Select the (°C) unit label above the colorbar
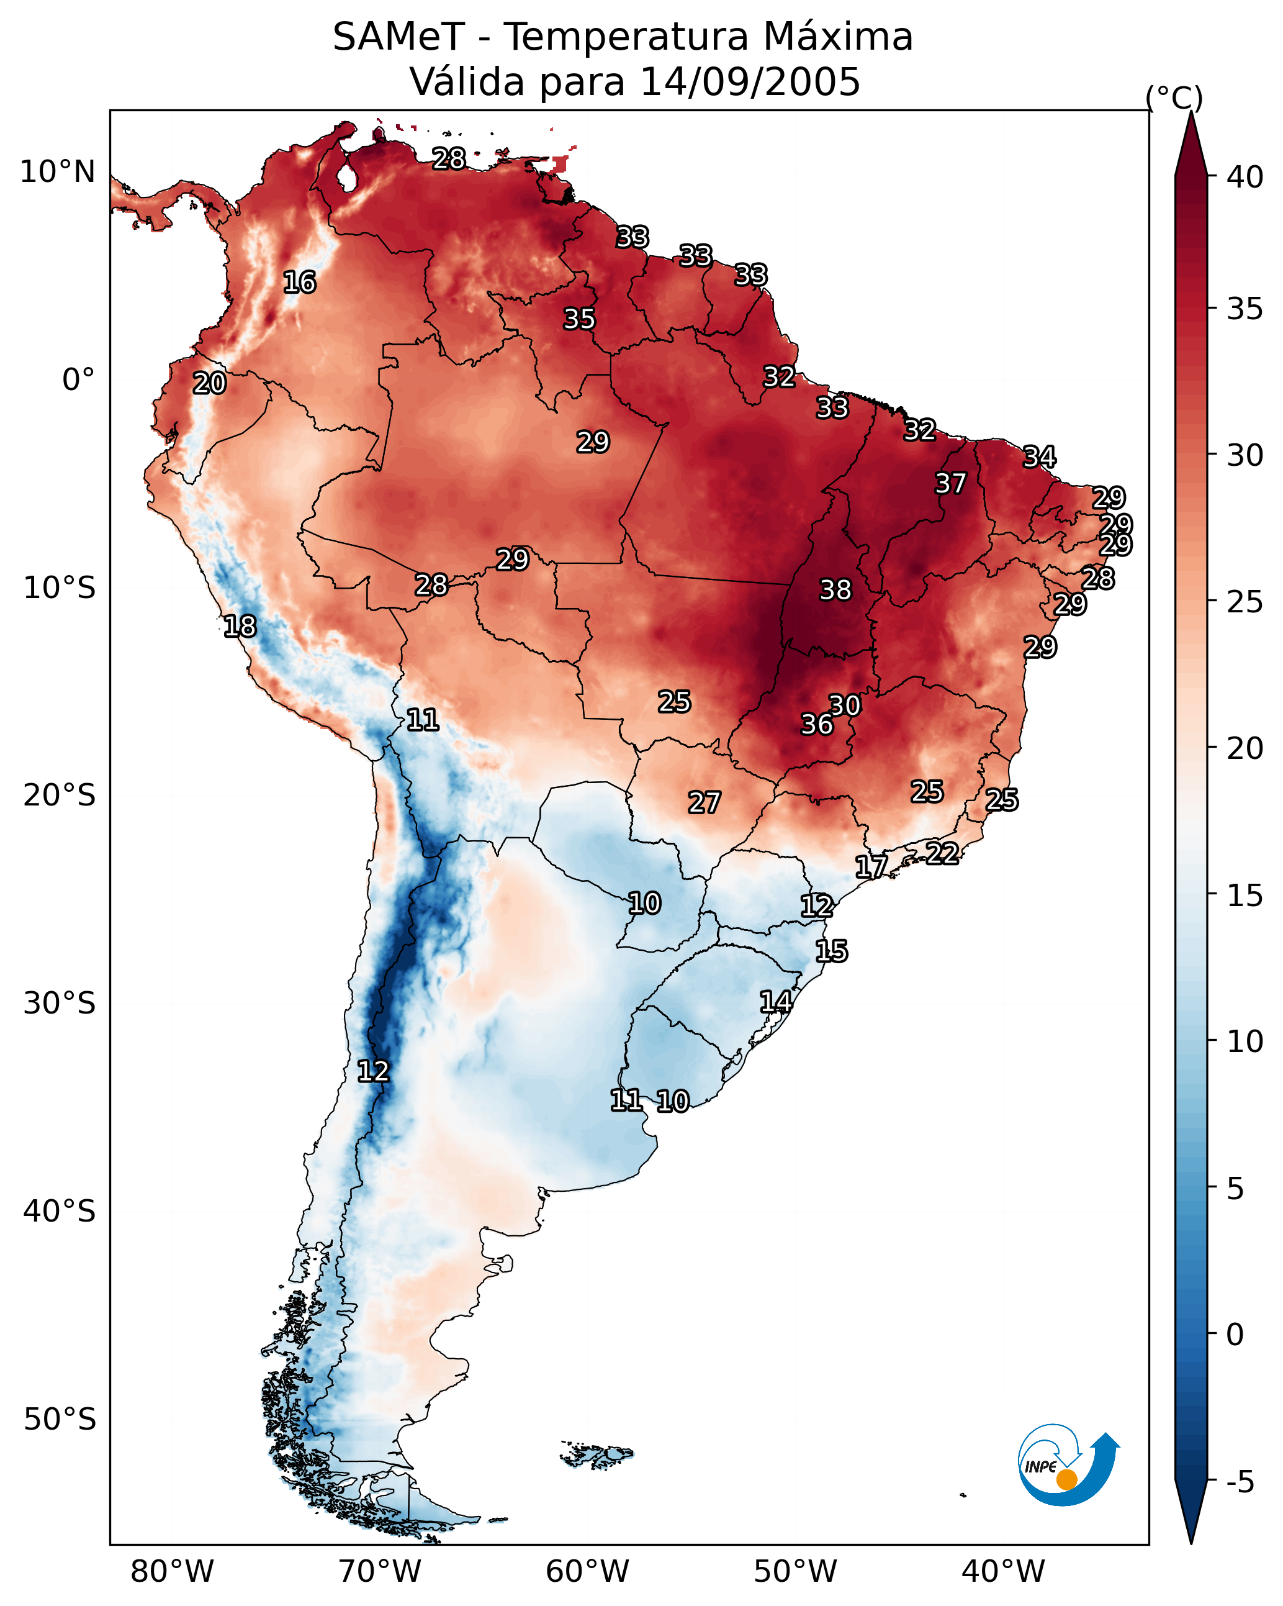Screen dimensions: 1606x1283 (1174, 98)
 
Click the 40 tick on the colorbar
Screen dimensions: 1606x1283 (1245, 177)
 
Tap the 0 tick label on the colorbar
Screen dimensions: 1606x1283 (1235, 1335)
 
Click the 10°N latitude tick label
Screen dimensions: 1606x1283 (57, 172)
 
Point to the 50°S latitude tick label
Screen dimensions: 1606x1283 (60, 1420)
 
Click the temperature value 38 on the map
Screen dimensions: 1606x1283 (835, 590)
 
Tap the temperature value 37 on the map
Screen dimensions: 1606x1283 (950, 483)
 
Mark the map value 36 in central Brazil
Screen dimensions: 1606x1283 (816, 724)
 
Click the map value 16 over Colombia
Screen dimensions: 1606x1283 (299, 283)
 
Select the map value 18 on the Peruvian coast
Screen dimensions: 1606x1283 (240, 627)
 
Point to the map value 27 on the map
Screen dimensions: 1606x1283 (704, 803)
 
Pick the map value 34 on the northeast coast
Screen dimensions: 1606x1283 (1039, 456)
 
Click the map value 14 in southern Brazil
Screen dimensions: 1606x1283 (775, 1002)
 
